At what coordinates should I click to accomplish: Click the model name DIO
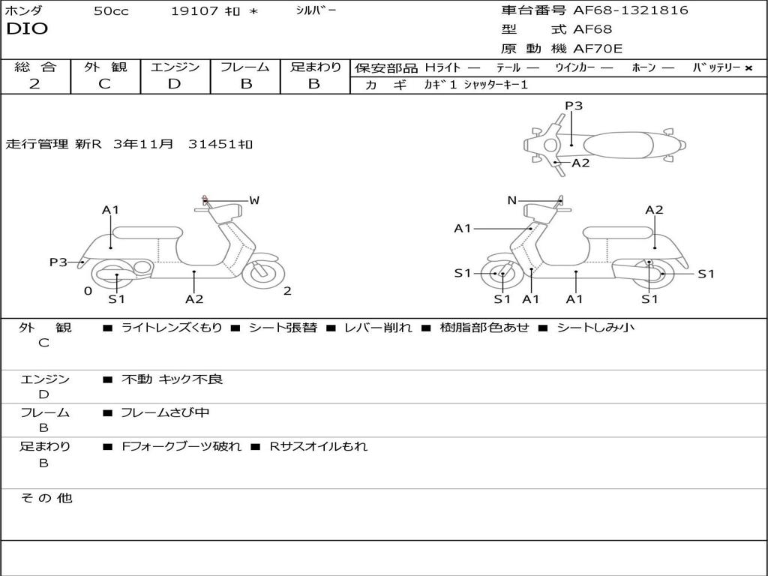(x=27, y=29)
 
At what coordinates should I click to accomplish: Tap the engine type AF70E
(x=598, y=49)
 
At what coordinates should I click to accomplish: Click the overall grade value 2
(x=34, y=84)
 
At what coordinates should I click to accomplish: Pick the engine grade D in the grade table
(x=174, y=84)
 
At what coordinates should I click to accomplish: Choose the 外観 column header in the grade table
(x=105, y=67)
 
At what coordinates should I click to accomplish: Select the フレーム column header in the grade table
(x=245, y=67)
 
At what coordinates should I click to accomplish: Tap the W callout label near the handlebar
(x=254, y=200)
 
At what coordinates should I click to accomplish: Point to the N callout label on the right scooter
(x=511, y=200)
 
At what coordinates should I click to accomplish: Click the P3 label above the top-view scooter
(x=574, y=106)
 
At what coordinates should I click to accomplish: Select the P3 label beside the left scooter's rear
(x=58, y=262)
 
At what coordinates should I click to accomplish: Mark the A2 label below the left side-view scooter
(x=194, y=299)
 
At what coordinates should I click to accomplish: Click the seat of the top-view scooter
(x=619, y=145)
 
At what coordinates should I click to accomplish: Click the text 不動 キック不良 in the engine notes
(x=172, y=379)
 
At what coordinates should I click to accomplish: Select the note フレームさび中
(x=165, y=412)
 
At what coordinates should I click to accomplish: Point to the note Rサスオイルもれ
(x=319, y=446)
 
